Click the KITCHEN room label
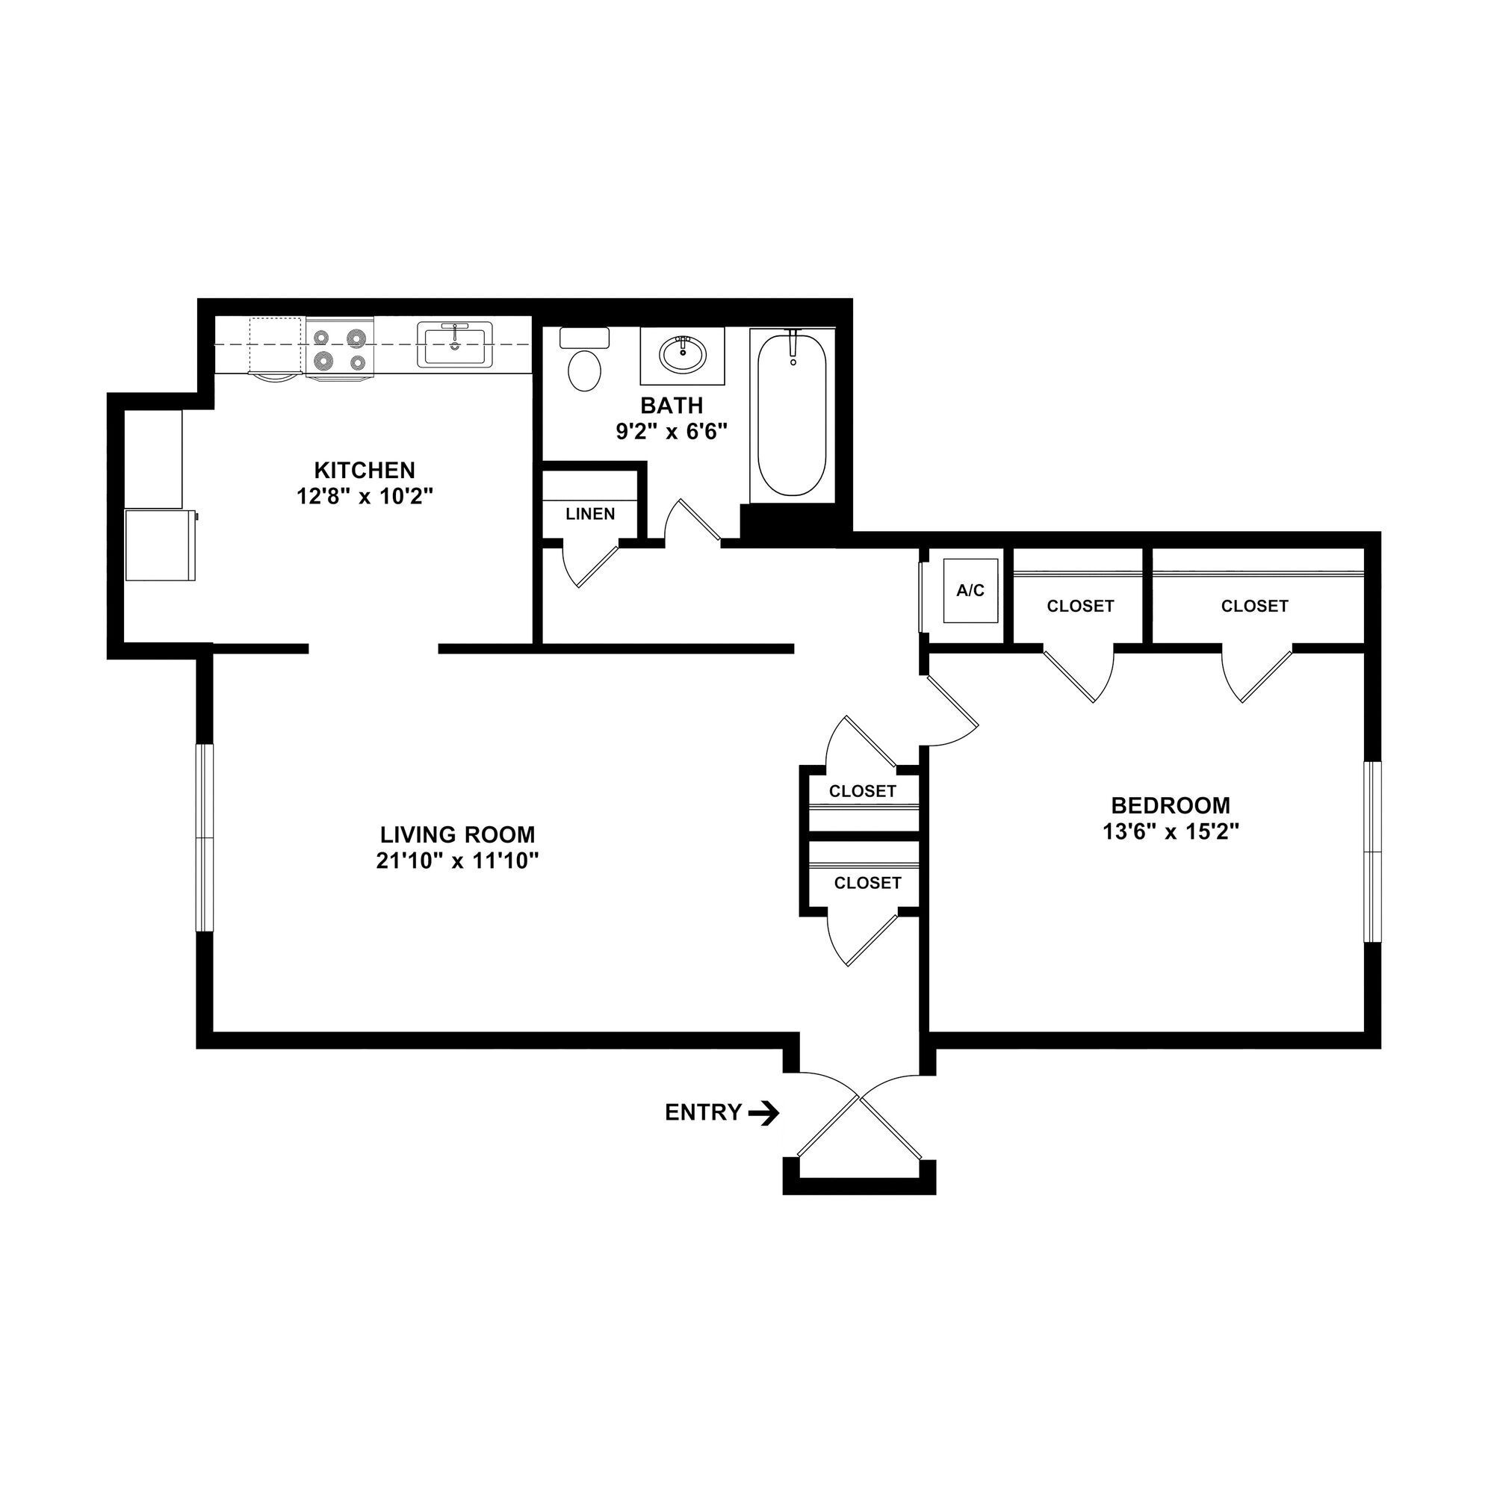tap(365, 470)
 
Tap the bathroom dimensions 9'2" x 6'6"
tap(672, 432)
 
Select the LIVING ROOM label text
tap(457, 835)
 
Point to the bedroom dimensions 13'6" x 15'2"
tap(1171, 832)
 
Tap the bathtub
tap(792, 415)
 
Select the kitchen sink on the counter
tap(455, 344)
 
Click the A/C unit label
tap(970, 591)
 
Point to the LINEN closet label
tap(590, 514)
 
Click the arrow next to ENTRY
tap(763, 1113)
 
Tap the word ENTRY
tap(703, 1113)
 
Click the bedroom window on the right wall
tap(1372, 852)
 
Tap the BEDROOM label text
tap(1171, 806)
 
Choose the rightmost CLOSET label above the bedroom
tap(1254, 607)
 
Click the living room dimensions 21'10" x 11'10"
tap(457, 861)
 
